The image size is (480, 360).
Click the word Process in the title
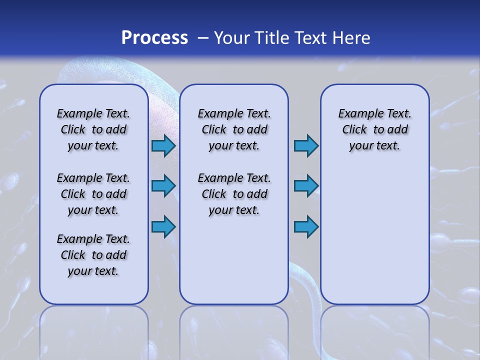(154, 38)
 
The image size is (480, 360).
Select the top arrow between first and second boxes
(163, 145)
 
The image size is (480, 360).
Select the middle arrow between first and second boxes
(163, 186)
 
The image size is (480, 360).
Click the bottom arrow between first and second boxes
(163, 226)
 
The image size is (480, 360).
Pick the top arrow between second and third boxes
(306, 145)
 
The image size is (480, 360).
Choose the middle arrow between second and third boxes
(306, 186)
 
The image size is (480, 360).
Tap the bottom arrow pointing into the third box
(306, 226)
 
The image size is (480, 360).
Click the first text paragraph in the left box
(93, 129)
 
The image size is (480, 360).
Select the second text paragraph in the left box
(93, 194)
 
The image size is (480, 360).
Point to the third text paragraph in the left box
(93, 255)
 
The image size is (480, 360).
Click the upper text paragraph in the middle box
(234, 129)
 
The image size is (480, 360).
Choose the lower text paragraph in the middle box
(234, 194)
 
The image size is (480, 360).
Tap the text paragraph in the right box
(374, 129)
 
